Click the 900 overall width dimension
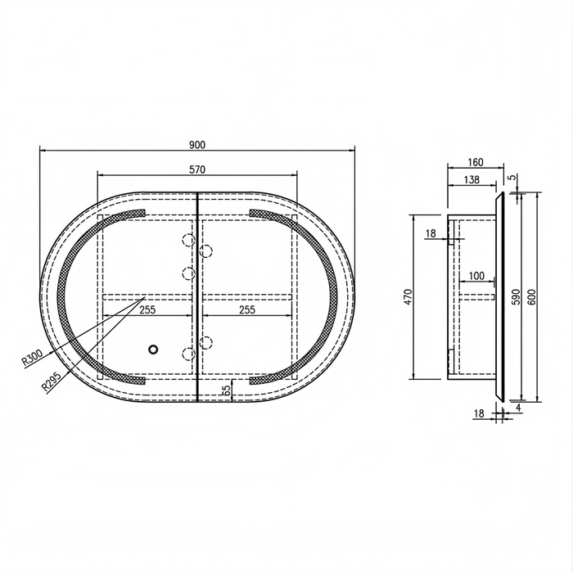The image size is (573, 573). (197, 145)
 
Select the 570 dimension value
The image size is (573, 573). (197, 169)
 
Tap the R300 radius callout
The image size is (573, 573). (33, 357)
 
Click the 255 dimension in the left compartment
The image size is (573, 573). (147, 310)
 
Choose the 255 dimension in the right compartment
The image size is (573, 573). (247, 310)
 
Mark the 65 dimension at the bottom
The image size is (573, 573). (227, 390)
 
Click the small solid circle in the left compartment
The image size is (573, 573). (154, 350)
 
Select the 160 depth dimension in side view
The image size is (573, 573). (476, 162)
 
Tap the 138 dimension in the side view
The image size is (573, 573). (471, 179)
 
